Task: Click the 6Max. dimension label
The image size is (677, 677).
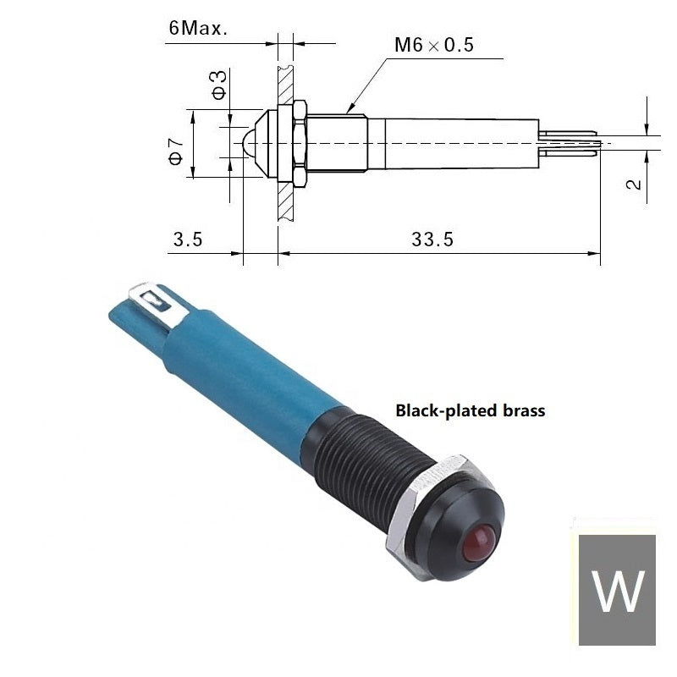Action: [x=198, y=29]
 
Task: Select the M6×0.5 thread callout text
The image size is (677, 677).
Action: [x=434, y=45]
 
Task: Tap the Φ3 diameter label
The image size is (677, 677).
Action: [x=219, y=85]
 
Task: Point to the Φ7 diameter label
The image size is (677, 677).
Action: [x=176, y=151]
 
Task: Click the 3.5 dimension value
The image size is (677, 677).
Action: [x=188, y=239]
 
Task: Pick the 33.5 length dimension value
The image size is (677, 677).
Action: [x=432, y=239]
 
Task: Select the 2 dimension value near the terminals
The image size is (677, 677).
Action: [x=634, y=184]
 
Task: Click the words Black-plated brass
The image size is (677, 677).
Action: [x=471, y=410]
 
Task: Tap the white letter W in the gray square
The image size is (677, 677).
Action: [x=617, y=591]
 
